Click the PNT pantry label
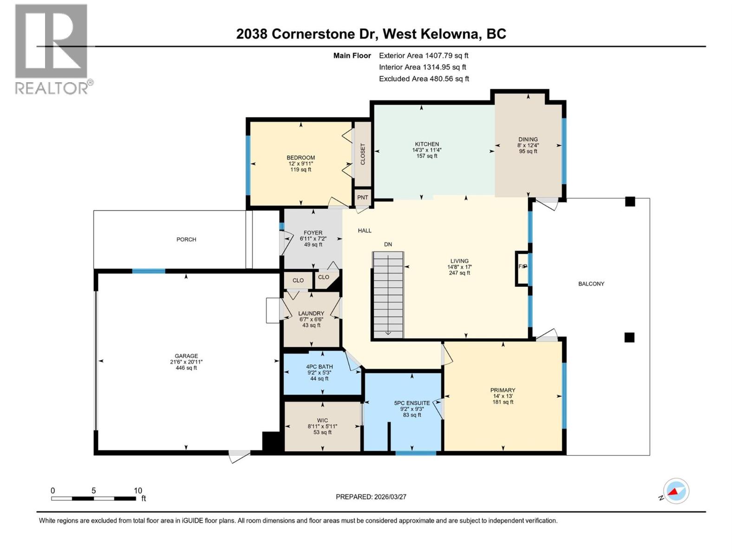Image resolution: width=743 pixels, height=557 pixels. click(x=363, y=197)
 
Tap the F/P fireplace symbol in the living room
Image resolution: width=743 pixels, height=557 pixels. click(x=522, y=266)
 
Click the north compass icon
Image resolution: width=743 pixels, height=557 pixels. click(x=676, y=491)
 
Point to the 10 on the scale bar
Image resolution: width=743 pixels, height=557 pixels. click(x=138, y=491)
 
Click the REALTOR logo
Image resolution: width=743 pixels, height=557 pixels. click(x=52, y=49)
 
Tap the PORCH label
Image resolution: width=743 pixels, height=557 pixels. click(x=186, y=240)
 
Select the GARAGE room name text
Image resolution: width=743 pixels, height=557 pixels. click(x=186, y=356)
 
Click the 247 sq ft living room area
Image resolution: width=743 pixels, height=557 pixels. click(x=459, y=273)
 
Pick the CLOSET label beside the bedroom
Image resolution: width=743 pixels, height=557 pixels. click(x=363, y=154)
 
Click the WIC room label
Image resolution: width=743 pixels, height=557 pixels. click(x=322, y=420)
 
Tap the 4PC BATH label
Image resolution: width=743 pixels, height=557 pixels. click(x=319, y=367)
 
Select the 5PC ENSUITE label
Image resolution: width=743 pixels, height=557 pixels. click(x=412, y=403)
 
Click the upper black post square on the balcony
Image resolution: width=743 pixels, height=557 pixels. click(x=630, y=201)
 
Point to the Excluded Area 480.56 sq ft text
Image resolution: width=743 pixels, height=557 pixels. click(x=424, y=79)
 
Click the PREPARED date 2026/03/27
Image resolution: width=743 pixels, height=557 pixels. click(x=371, y=497)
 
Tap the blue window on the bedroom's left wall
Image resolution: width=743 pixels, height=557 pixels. click(x=248, y=165)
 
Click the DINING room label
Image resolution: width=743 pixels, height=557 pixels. click(x=528, y=139)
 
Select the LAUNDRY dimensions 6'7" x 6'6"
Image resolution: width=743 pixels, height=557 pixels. click(x=311, y=319)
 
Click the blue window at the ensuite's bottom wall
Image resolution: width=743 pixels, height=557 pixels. click(x=416, y=453)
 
